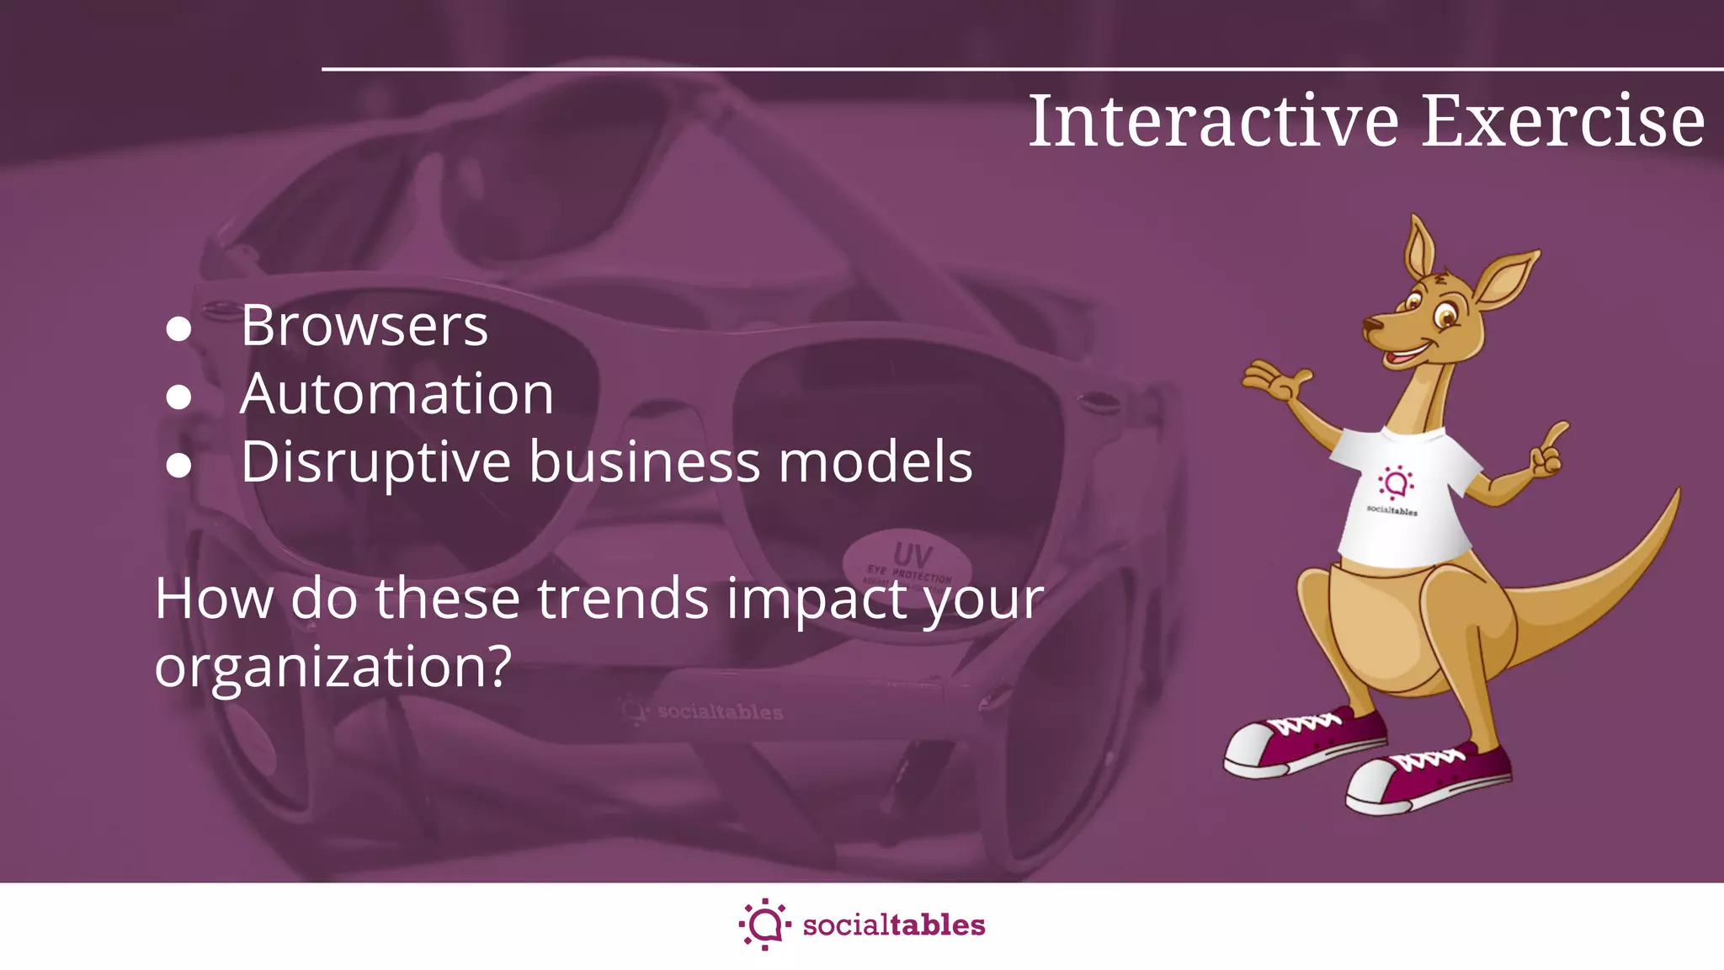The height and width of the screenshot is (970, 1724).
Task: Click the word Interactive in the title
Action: [1213, 122]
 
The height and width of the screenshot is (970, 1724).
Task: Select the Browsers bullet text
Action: [364, 326]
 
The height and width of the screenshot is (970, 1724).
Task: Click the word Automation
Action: [396, 394]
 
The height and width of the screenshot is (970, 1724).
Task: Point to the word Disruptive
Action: [375, 463]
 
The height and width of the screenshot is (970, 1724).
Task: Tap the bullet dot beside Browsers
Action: [178, 329]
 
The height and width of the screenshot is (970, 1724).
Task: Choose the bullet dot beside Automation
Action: [178, 397]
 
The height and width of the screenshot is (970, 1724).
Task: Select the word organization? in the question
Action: [333, 667]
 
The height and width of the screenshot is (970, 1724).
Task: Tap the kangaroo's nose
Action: [1371, 324]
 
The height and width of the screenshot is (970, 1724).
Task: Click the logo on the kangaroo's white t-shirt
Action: [1395, 484]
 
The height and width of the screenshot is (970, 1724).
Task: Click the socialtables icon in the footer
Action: [764, 925]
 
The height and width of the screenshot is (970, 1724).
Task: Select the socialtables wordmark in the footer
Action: [894, 925]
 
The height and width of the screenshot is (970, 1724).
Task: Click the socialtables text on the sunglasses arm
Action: [720, 712]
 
